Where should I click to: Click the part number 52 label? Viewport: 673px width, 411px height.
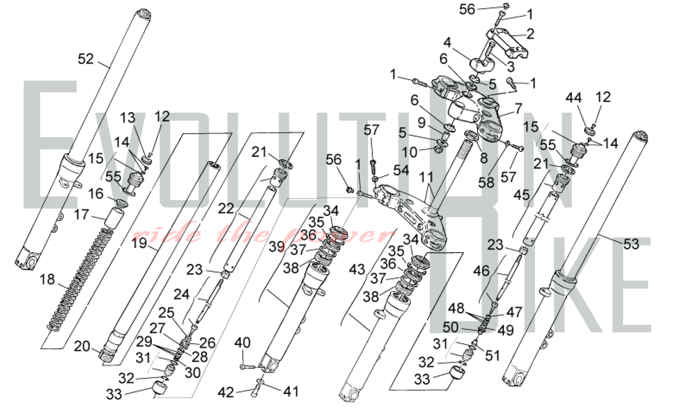click(85, 59)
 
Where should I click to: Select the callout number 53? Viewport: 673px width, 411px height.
click(631, 244)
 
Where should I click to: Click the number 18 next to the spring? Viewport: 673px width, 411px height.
click(47, 279)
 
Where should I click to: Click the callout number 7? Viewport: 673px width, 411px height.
click(519, 108)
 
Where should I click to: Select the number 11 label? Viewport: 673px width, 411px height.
click(426, 177)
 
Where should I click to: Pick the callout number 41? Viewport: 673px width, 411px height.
click(291, 391)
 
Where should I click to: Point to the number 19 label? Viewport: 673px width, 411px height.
click(139, 243)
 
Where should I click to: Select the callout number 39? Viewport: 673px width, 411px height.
click(277, 247)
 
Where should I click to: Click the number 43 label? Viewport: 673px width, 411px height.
click(357, 269)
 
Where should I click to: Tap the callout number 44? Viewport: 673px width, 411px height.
click(573, 98)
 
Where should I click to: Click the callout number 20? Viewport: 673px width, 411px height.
click(82, 346)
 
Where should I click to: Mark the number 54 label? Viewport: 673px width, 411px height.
click(401, 170)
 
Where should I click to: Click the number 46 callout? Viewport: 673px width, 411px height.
click(481, 271)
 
